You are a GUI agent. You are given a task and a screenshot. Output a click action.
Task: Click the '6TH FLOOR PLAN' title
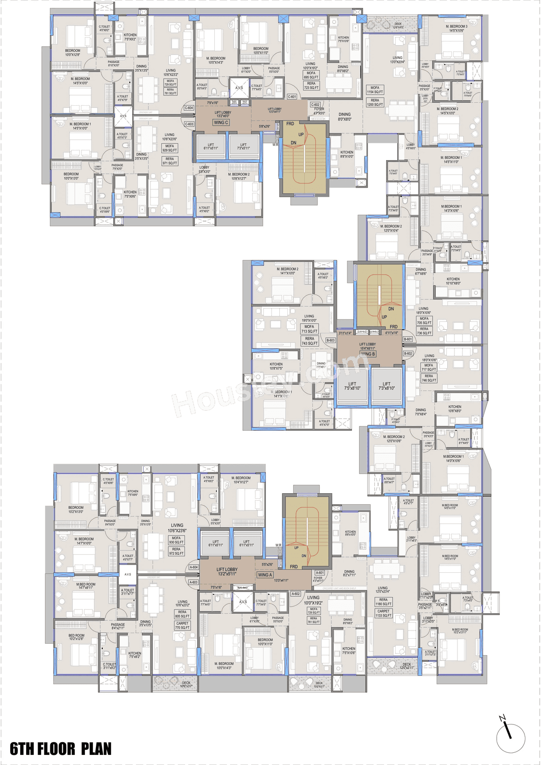60,749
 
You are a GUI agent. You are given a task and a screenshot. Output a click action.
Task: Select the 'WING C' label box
221,123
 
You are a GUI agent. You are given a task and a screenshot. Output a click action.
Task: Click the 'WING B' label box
368,354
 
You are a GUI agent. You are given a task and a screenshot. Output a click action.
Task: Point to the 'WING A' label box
265,575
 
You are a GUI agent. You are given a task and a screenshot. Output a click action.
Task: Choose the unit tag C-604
189,108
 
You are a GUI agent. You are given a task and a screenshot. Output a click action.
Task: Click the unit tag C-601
292,97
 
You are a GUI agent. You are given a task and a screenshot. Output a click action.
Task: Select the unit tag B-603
331,340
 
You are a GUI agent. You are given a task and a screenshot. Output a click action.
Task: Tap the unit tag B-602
408,353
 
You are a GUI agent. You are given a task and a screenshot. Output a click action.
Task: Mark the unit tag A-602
296,594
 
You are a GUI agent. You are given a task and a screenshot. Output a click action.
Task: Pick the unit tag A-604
194,567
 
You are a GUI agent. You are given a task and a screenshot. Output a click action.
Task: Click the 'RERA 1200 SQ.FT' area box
375,103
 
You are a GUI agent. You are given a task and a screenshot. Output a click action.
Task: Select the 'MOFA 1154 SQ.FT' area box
375,90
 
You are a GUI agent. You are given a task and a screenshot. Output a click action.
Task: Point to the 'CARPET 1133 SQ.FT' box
383,613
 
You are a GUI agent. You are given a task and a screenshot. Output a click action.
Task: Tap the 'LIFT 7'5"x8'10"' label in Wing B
352,386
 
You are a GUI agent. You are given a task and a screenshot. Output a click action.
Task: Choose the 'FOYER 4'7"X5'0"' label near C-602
319,111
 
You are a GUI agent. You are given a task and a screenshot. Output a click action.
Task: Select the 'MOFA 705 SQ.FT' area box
424,321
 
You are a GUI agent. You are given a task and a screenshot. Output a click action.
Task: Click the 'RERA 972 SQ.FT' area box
176,551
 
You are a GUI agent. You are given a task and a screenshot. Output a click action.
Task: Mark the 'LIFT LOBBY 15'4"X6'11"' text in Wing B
367,346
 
